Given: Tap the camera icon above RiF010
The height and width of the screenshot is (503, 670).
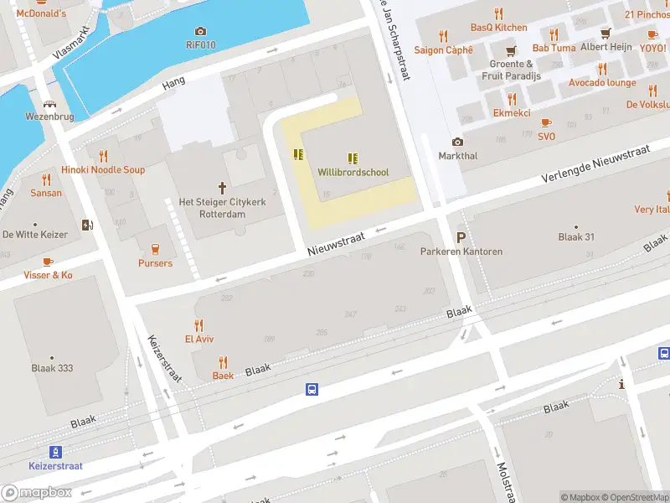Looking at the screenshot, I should [x=199, y=32].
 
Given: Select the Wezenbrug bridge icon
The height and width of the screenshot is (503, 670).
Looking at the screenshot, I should [x=50, y=105].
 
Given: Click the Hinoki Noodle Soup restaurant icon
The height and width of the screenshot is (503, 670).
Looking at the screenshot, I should [x=103, y=156].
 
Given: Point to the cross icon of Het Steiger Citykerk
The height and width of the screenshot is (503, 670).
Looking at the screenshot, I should [x=223, y=188].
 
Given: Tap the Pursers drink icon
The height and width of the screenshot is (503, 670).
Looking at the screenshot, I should [x=155, y=249].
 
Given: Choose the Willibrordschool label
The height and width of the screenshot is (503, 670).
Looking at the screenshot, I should [x=353, y=172].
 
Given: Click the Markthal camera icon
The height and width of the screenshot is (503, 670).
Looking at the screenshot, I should [x=457, y=143].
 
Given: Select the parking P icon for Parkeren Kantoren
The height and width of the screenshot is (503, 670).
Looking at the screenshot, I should [x=461, y=237].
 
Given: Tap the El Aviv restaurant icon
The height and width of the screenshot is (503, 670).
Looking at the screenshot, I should [x=198, y=325].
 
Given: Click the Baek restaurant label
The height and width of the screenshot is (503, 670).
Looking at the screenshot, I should [x=223, y=376].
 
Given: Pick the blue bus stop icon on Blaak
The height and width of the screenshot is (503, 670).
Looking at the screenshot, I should [x=312, y=389].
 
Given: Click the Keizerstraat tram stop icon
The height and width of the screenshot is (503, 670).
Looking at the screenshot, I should [x=55, y=452].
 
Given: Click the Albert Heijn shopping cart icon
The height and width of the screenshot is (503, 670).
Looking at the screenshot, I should [x=606, y=34].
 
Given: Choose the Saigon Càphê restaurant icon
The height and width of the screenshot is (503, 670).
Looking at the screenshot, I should [x=443, y=36].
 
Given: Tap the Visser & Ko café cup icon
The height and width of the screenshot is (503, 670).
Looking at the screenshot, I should [x=48, y=262].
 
